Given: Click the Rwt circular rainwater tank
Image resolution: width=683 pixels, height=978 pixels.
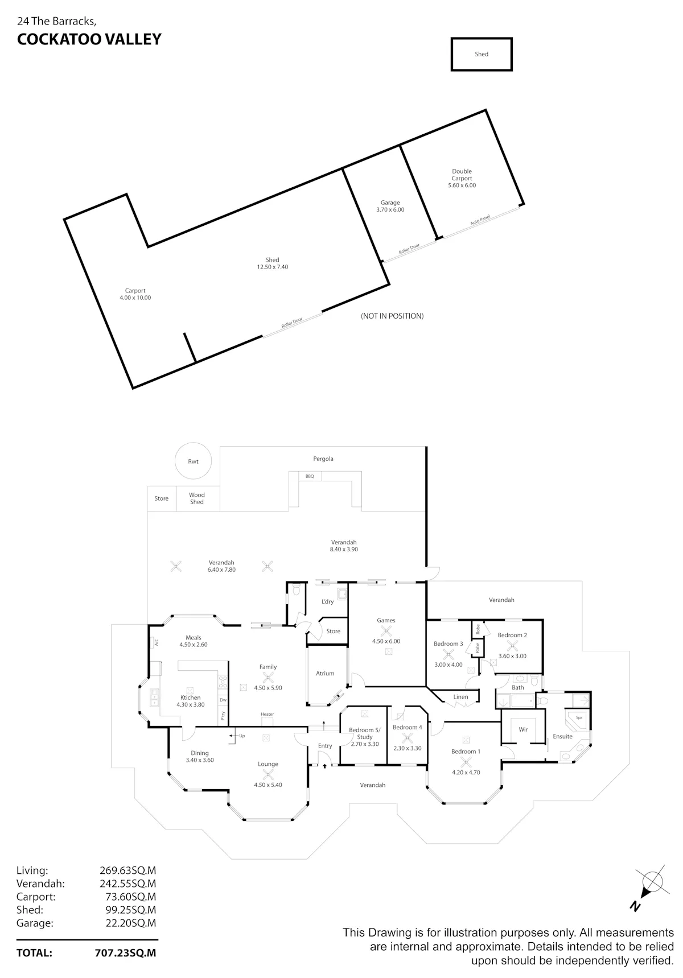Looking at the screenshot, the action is coord(194,461).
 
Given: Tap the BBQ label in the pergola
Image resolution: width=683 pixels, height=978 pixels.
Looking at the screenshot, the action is coord(310,476).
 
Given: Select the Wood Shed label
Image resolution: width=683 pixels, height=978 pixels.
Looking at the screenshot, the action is coord(197,498).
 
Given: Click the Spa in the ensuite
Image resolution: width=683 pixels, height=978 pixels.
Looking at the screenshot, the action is coord(579,717).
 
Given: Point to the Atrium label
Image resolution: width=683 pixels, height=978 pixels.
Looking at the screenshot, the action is coord(325,674).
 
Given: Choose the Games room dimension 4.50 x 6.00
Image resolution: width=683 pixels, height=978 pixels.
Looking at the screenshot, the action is coord(386,641).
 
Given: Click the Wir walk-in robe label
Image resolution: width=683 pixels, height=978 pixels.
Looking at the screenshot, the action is coord(523,729).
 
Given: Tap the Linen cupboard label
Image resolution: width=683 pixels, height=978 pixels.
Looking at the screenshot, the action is coord(460,697).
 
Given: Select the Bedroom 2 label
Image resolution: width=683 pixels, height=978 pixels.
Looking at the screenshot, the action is coord(512,635).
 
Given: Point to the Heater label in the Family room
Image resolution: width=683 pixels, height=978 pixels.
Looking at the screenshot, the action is coord(268,714).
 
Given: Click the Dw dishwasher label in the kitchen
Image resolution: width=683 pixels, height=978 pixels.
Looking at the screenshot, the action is coord(223,700).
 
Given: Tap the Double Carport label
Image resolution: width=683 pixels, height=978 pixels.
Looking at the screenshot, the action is coord(462,175).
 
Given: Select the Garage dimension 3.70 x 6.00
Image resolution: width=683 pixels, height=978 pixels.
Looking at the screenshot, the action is coord(390,210).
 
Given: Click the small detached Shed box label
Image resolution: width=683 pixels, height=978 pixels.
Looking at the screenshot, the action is coord(482,54).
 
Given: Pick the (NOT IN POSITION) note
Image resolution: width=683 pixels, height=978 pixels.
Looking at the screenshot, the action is coord(392,316).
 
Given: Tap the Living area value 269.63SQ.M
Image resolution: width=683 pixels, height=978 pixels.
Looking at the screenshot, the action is coord(127,870).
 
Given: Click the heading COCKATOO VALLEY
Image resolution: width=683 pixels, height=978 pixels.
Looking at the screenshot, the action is coord(89,39).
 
